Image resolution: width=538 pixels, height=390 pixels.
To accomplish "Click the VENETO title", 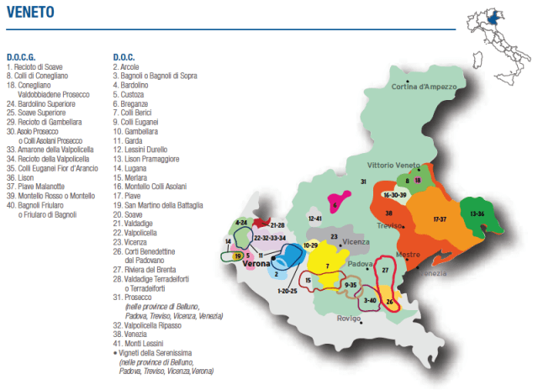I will coord(34,13).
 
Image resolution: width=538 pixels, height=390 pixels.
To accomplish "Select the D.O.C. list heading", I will coord(125,56).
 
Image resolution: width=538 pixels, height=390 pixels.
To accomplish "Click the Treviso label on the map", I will coord(389,225).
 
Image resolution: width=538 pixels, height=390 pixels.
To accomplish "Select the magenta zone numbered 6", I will coord(335,205).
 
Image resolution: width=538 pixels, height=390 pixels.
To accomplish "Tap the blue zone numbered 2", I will coord(277,273).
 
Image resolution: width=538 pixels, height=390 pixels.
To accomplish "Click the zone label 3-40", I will coord(370,299).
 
